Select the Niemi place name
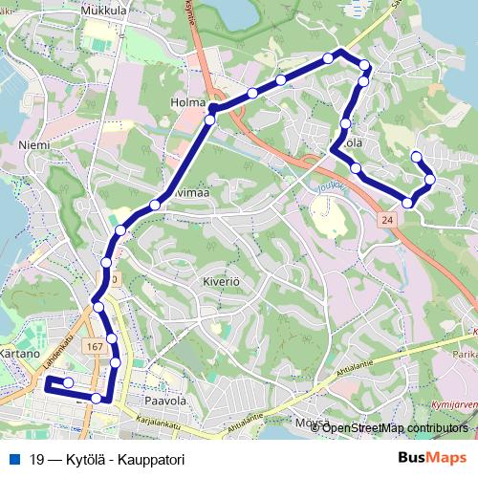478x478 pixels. [x=33, y=145]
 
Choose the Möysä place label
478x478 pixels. [x=313, y=422]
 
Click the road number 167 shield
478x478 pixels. [x=94, y=345]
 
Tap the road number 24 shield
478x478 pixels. [x=386, y=220]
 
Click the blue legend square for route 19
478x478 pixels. [x=12, y=459]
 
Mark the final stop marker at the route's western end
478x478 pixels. [x=68, y=382]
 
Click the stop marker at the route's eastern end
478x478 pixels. [x=416, y=156]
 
